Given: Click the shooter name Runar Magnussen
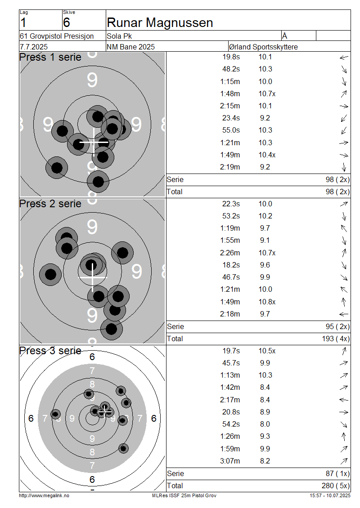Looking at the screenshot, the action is tap(160, 22).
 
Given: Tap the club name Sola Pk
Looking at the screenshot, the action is tap(119, 36).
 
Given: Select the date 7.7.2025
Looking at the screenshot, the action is tap(34, 47).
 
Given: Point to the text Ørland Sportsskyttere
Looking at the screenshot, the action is tap(263, 47).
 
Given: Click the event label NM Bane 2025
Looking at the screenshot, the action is tap(130, 47).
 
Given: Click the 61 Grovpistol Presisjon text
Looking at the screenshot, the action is tap(57, 36).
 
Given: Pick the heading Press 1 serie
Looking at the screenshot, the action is tap(50, 57).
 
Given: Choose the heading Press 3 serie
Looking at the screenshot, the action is tap(50, 351).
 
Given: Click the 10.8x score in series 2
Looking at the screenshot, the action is tap(267, 302).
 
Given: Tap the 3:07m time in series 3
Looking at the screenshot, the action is tap(230, 461).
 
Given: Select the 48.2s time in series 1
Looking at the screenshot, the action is tap(231, 69).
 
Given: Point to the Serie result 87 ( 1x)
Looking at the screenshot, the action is tap(337, 473).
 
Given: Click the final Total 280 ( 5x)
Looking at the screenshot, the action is tap(336, 486).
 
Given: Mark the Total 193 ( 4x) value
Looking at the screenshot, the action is tap(336, 339).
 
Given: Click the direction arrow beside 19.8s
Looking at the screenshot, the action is tap(344, 58).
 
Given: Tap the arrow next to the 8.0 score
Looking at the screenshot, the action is tap(344, 424).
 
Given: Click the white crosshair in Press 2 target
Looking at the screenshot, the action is tap(92, 277).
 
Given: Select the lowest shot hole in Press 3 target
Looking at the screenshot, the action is tap(123, 449).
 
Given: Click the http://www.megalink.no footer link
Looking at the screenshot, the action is tap(44, 495).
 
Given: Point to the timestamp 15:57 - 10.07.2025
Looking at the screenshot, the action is tap(330, 495).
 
